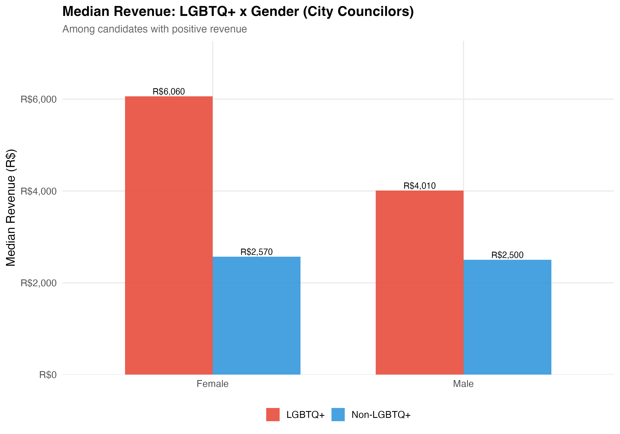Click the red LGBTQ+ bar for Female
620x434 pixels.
[x=169, y=235]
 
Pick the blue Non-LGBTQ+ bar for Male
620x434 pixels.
[x=507, y=317]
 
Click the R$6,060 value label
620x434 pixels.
[x=169, y=92]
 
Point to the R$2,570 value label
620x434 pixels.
[x=256, y=252]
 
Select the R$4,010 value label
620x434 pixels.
[x=419, y=186]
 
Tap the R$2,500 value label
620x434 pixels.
[x=507, y=255]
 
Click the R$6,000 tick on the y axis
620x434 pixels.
[x=39, y=99]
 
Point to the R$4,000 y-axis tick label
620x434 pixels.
[x=39, y=191]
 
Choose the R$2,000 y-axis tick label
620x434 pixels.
[x=39, y=283]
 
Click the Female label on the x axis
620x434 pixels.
[x=212, y=384]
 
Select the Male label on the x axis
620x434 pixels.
[x=463, y=384]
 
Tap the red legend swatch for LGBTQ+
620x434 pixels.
[x=273, y=415]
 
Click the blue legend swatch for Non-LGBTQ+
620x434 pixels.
[x=338, y=415]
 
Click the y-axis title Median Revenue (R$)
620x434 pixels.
[x=11, y=207]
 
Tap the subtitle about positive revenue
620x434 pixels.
[x=154, y=29]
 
